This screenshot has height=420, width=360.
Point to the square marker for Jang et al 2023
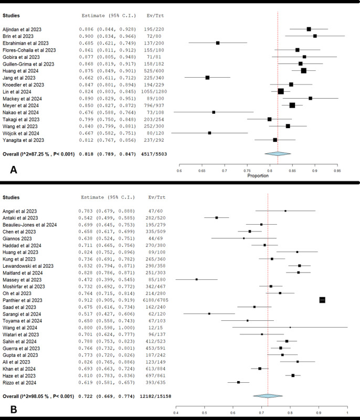[x=207, y=78]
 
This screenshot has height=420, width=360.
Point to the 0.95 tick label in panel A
[x=337, y=170]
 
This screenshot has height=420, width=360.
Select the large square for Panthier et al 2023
[x=322, y=300]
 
